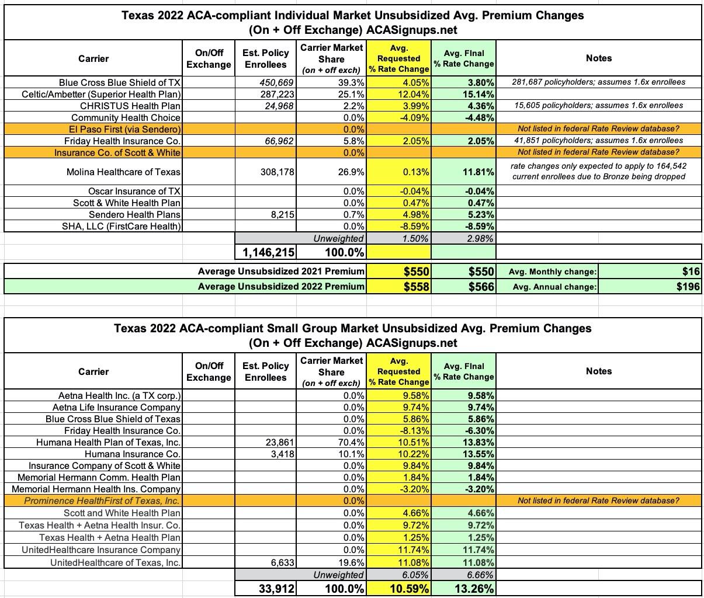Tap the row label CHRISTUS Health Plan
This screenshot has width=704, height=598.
pos(130,106)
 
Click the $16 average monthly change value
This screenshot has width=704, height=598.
pos(691,271)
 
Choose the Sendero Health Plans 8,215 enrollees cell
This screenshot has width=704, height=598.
pos(280,214)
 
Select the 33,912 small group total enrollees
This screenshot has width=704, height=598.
pos(277,589)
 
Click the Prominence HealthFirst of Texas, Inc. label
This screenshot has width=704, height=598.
pos(102,500)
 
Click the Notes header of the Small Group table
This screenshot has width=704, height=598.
pos(598,371)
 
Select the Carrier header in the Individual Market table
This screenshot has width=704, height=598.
pos(93,58)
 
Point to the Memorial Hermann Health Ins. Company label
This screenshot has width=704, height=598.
pos(96,489)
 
